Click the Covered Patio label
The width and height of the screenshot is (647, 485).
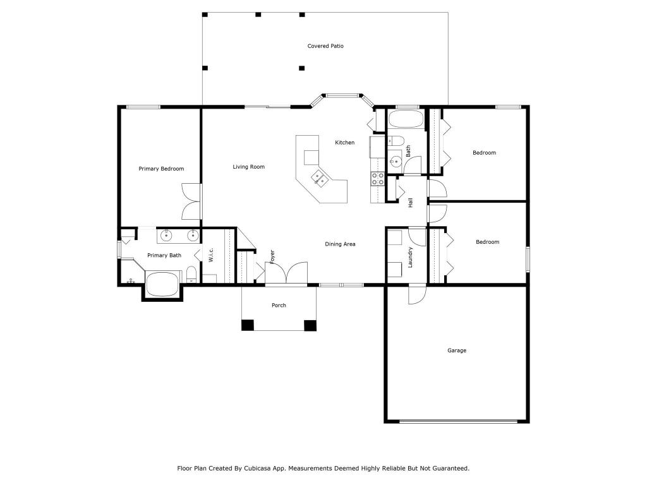click(325, 46)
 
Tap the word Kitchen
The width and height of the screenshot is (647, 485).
click(344, 143)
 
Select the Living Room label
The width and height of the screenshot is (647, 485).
click(248, 167)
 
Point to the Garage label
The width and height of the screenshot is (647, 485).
click(457, 350)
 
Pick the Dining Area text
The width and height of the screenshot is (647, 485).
click(340, 244)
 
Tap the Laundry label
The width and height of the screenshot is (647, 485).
click(410, 256)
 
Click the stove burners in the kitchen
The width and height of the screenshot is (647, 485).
click(377, 179)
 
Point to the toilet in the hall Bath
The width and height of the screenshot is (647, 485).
click(396, 141)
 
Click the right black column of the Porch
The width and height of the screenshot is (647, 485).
click(310, 326)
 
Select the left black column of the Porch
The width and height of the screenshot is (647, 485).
click(248, 326)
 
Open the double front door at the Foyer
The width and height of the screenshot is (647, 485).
click(286, 273)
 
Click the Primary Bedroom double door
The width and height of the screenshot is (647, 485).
click(191, 201)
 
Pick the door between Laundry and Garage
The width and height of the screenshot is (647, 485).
click(418, 294)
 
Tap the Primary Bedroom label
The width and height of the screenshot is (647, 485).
click(161, 169)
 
